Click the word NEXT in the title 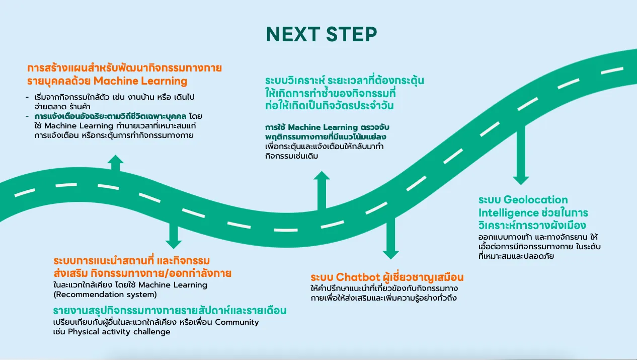(x=293, y=34)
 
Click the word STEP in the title (x=352, y=34)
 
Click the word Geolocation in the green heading (x=536, y=200)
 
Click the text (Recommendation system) (x=105, y=295)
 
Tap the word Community (x=237, y=322)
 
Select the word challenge (x=151, y=332)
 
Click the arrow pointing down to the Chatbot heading (x=390, y=238)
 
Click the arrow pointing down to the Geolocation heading (x=521, y=155)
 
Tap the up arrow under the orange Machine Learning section (x=115, y=163)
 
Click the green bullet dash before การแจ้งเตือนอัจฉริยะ (x=27, y=116)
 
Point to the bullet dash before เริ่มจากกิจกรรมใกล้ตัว (x=27, y=97)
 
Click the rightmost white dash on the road (x=612, y=70)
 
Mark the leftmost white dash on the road (x=25, y=193)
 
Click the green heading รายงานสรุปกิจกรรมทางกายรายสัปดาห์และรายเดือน (x=170, y=311)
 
